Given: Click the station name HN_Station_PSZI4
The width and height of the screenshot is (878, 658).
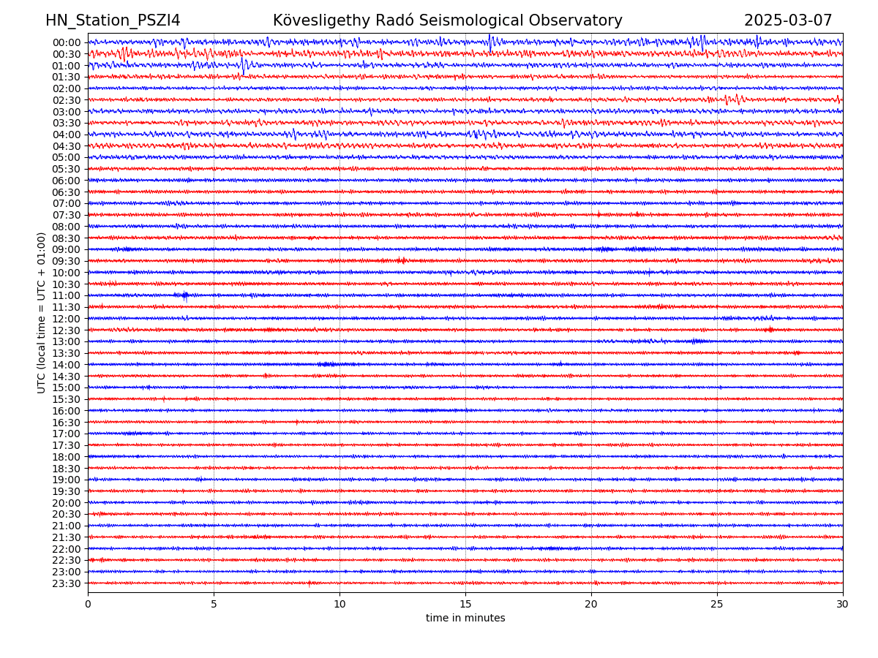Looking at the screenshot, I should click(x=113, y=20).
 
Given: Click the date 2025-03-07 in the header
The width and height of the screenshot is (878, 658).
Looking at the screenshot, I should click(x=788, y=20).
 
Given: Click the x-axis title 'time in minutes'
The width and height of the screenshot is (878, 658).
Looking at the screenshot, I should click(x=465, y=619).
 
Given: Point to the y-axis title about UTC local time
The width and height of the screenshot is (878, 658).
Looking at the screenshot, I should click(x=42, y=313).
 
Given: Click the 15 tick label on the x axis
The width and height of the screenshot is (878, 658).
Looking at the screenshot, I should click(x=465, y=605).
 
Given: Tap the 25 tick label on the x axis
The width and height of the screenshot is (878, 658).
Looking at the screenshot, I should click(x=717, y=605).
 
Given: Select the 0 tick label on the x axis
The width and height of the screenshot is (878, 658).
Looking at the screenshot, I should click(x=88, y=605).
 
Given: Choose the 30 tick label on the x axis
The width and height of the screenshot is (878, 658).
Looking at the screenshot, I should click(x=843, y=605).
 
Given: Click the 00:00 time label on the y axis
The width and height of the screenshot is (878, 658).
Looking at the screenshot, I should click(x=66, y=42).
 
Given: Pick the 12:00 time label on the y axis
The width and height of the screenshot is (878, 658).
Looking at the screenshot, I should click(x=66, y=319).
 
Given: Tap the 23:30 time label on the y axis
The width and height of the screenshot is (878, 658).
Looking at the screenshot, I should click(x=66, y=583).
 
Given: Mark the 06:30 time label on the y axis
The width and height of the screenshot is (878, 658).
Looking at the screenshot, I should click(x=66, y=192).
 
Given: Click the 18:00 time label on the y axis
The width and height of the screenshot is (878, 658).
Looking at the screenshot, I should click(x=66, y=457).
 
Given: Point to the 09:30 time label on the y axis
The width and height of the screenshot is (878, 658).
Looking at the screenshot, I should click(x=66, y=261).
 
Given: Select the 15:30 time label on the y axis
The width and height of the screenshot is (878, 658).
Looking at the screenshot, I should click(x=66, y=399).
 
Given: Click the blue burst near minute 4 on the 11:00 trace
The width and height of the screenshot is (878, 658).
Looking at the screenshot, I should click(x=184, y=295).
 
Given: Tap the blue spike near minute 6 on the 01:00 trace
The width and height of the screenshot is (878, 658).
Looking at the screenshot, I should click(x=244, y=65).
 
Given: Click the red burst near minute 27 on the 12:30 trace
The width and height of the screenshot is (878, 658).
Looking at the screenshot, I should click(x=770, y=330).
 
